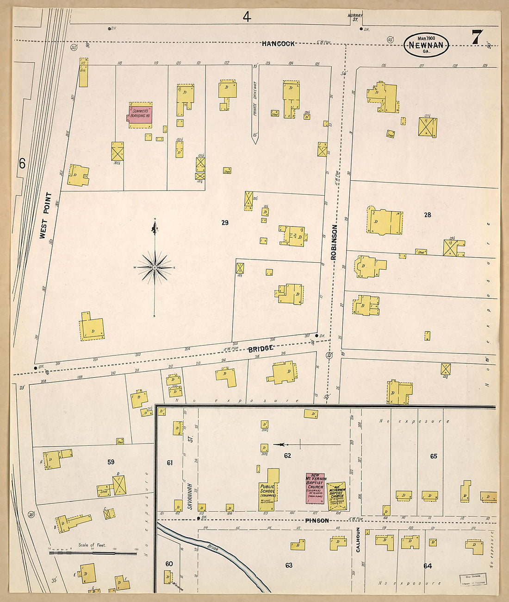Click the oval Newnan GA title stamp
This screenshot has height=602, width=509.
point(426,45)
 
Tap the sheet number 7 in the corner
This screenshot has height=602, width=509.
point(477,38)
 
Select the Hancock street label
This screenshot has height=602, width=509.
point(278,44)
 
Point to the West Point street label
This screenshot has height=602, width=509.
point(46,215)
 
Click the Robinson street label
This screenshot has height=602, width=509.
point(333,242)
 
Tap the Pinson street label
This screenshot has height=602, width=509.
point(317,521)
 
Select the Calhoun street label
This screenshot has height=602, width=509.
point(358,540)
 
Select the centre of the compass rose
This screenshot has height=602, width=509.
point(155,268)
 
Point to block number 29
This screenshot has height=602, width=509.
point(225,223)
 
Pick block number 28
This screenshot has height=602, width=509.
point(428,215)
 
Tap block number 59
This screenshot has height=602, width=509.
point(111,462)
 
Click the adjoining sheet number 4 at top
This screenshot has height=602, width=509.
point(247,17)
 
